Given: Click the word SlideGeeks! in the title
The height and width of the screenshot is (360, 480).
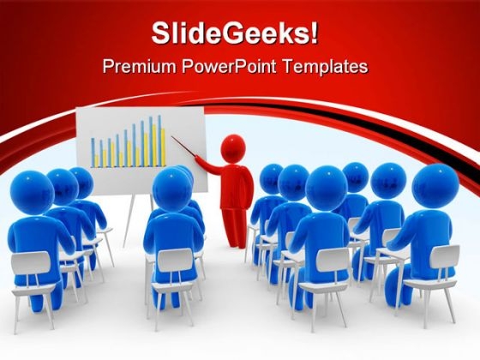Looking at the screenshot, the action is coord(235,33).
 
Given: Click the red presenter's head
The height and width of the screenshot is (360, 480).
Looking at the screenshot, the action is coord(233,148).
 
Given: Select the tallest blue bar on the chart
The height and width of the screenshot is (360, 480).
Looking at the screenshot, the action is coord(159,141).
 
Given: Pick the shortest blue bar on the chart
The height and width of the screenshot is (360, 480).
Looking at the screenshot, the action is coord(93,153).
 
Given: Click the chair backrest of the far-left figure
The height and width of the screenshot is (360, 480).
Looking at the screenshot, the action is coord(30,262).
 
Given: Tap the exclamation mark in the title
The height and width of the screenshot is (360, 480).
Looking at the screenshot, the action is coord(313,33).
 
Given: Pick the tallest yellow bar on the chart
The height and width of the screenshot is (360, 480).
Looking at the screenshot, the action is coord(155,146).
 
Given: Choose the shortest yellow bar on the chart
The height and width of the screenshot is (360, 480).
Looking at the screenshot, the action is coord(97,161).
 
